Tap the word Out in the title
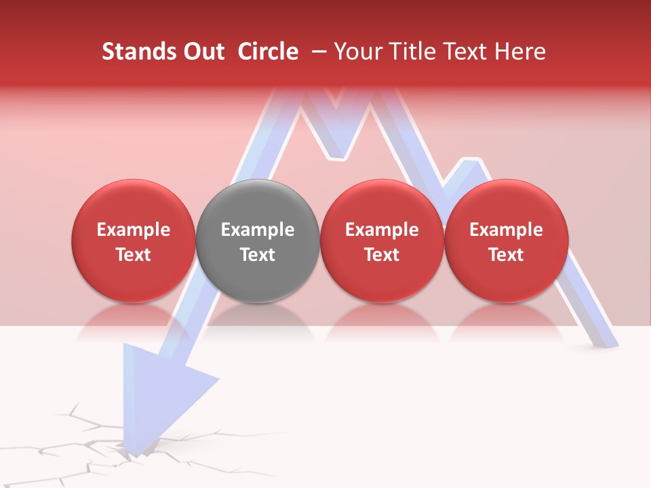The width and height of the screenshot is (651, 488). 201,52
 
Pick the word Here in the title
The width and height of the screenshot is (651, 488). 520,52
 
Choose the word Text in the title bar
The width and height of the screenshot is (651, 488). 467,52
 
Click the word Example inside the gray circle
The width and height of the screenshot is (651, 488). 258,230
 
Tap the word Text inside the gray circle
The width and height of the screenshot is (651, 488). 258,255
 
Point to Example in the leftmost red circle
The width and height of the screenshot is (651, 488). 134,230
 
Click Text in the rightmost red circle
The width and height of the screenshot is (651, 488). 506,255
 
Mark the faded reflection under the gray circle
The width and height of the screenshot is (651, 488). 258,319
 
